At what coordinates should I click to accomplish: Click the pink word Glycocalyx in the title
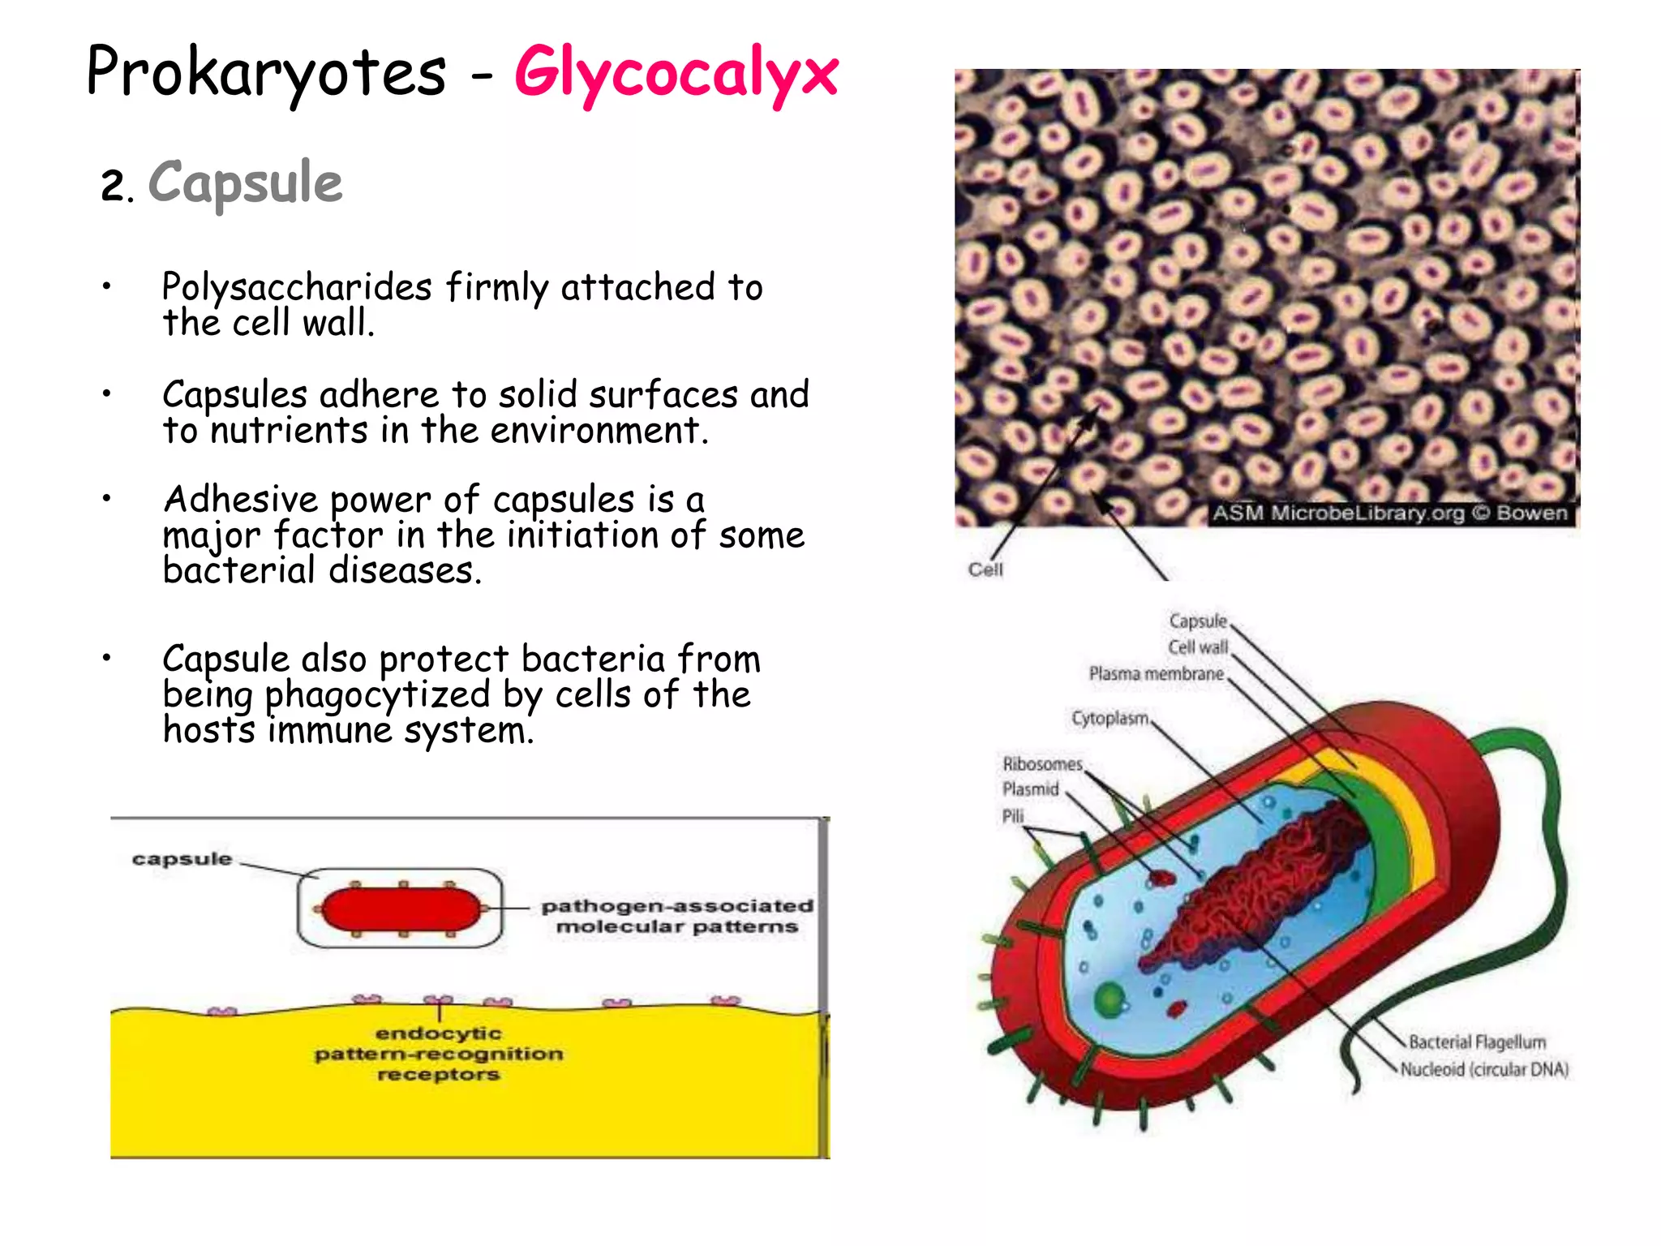[676, 75]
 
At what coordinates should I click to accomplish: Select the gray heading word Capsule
[245, 183]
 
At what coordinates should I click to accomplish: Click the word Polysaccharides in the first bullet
[297, 287]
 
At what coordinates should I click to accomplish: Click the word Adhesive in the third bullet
[240, 500]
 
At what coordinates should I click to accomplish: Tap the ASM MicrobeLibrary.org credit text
[1388, 513]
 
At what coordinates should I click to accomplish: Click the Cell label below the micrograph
[985, 570]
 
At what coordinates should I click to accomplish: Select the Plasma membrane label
[1156, 674]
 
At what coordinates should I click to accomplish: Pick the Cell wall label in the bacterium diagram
[1198, 647]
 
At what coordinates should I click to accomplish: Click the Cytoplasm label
[1109, 719]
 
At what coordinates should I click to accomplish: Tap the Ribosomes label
[1042, 764]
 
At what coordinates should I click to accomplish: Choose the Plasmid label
[1031, 789]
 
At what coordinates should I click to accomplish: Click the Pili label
[1013, 816]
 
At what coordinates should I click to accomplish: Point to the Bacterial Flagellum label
[1477, 1042]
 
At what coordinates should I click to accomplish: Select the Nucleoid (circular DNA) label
[1484, 1070]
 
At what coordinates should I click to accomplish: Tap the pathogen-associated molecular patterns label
[676, 916]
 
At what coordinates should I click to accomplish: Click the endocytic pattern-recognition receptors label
[439, 1054]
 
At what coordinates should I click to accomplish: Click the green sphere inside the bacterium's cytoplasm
[1109, 999]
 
